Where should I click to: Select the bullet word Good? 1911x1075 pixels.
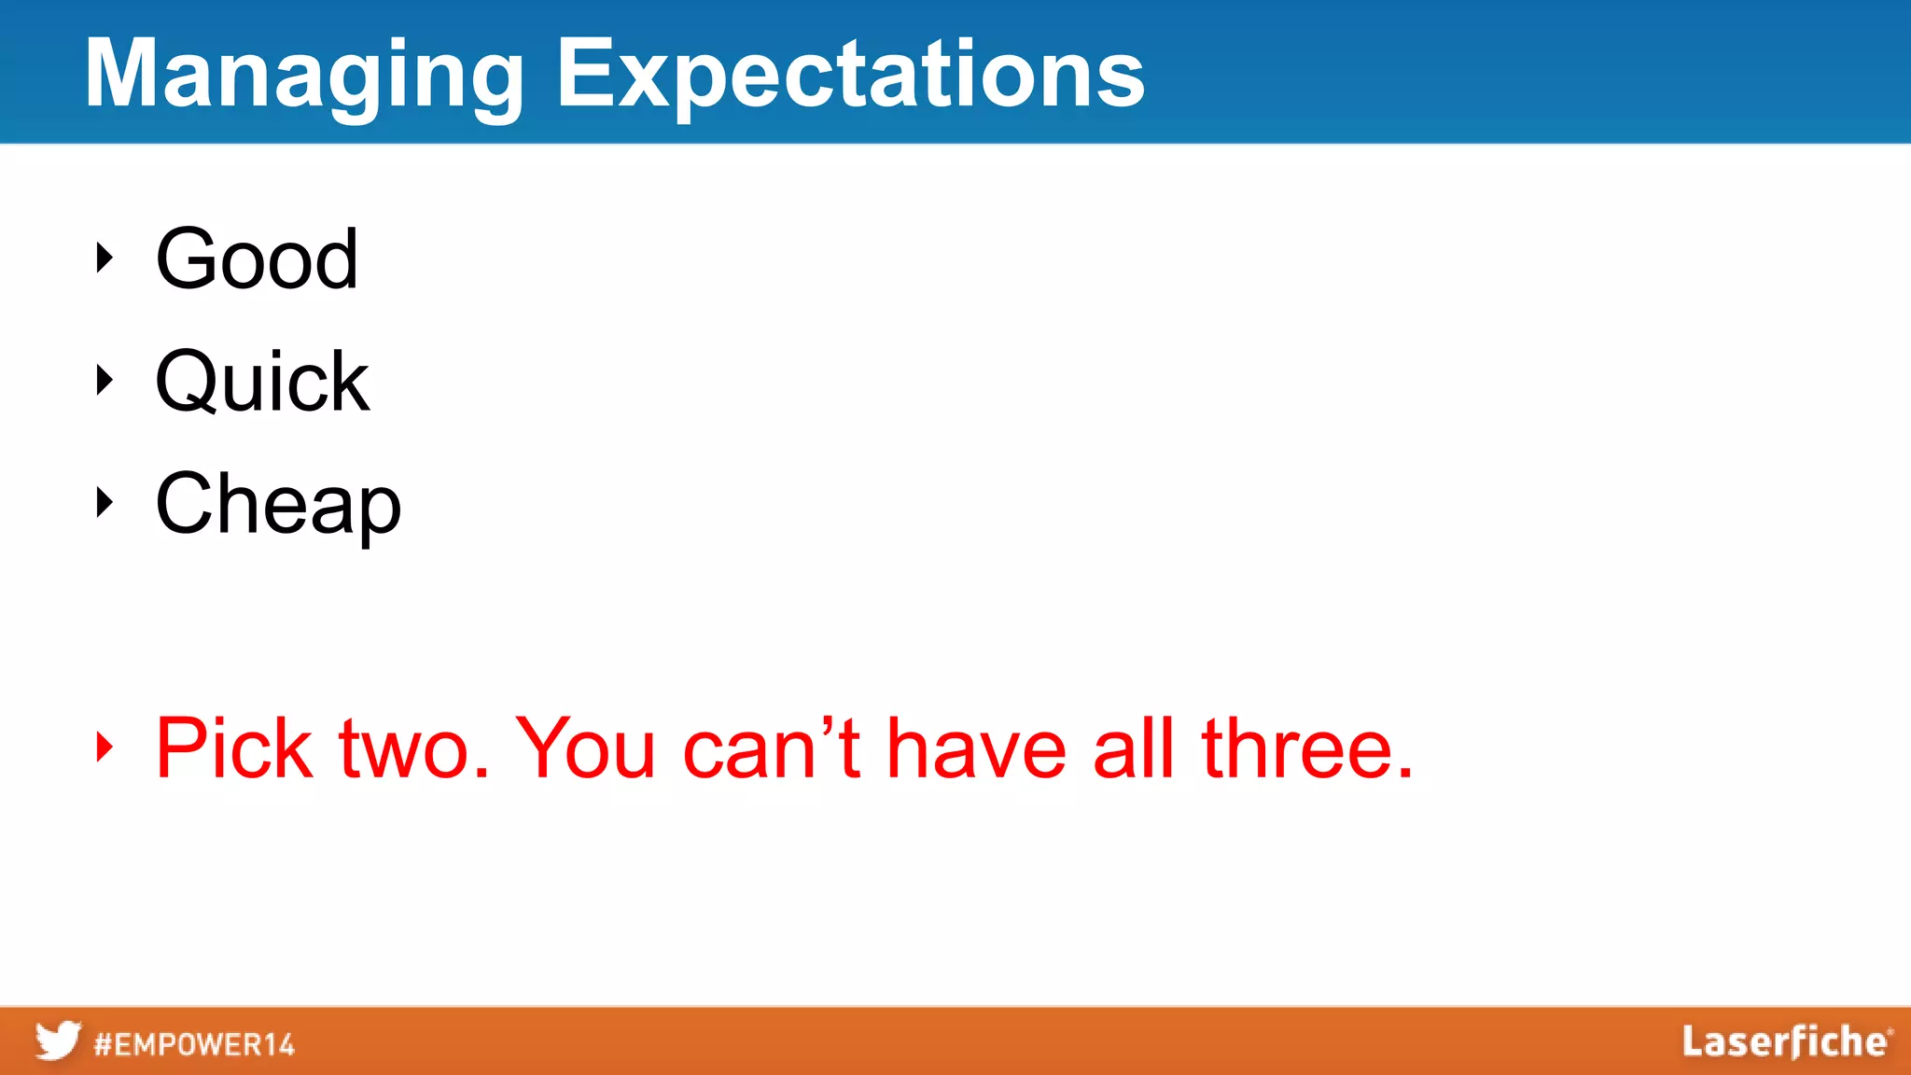(257, 258)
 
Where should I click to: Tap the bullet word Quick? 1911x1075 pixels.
(262, 381)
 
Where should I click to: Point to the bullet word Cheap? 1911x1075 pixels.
(278, 504)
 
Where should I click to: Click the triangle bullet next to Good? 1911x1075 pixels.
(105, 258)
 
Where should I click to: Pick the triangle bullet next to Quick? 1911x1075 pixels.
(105, 380)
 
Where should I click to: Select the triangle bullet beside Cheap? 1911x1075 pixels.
(105, 502)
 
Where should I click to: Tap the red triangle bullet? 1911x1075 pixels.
(105, 747)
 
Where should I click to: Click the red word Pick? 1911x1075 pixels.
(233, 747)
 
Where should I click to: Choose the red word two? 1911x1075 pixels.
(414, 749)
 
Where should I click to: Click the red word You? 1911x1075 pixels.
(586, 747)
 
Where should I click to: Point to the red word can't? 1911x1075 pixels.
(771, 747)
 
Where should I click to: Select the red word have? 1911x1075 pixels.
(976, 749)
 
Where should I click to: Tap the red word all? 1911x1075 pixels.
(1133, 747)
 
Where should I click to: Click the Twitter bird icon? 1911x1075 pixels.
(58, 1040)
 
